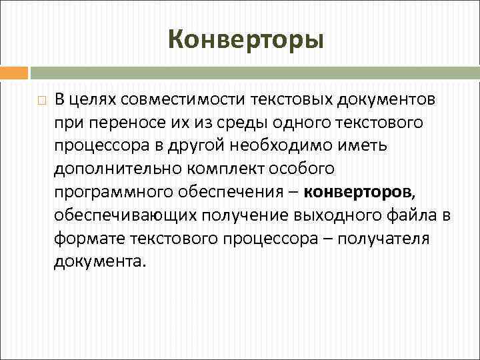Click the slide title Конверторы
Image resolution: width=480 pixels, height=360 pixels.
click(x=246, y=39)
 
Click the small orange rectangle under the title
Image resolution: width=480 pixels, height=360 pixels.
click(x=14, y=72)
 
